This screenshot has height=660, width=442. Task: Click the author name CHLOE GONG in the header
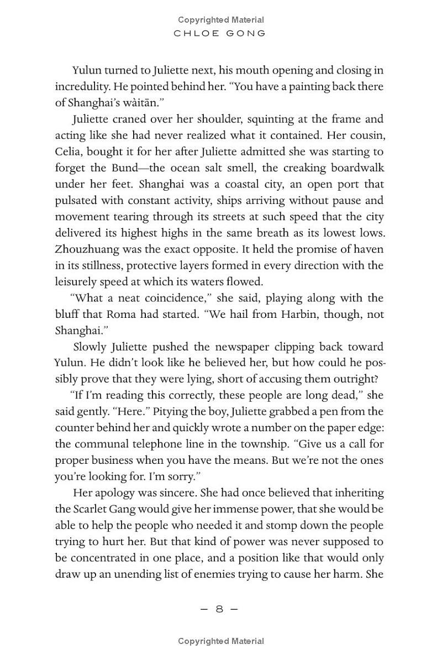(x=220, y=33)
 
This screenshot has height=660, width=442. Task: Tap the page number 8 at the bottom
(x=219, y=609)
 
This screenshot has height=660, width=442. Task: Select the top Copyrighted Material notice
(x=220, y=20)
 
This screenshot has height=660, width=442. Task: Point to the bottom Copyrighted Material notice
(x=220, y=641)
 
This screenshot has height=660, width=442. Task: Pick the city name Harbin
(x=316, y=314)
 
